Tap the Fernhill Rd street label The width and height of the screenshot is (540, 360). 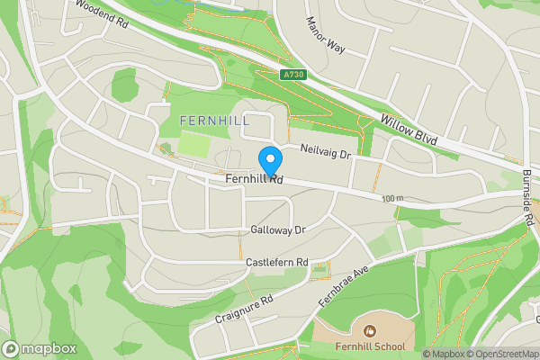[255, 181]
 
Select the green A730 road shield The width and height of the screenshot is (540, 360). [292, 76]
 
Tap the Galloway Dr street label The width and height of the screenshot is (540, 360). [279, 230]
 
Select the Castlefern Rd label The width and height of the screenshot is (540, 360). [277, 262]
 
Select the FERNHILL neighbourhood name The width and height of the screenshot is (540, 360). [213, 121]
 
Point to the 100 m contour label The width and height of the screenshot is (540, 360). [392, 198]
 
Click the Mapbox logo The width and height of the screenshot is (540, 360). [39, 348]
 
